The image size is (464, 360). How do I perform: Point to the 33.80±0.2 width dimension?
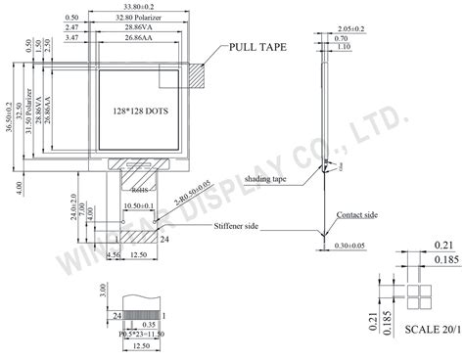(x=137, y=6)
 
